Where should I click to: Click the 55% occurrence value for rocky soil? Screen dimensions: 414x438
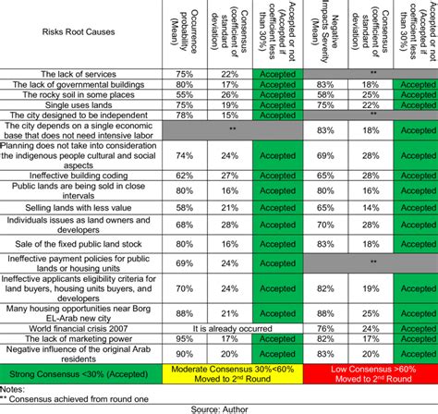184,94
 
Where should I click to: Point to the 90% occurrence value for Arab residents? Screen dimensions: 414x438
184,352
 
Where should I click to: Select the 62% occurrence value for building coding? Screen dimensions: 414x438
184,175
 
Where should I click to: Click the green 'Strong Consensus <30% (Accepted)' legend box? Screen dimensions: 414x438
80,372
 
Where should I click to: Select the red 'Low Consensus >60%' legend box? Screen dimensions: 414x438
369,372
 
